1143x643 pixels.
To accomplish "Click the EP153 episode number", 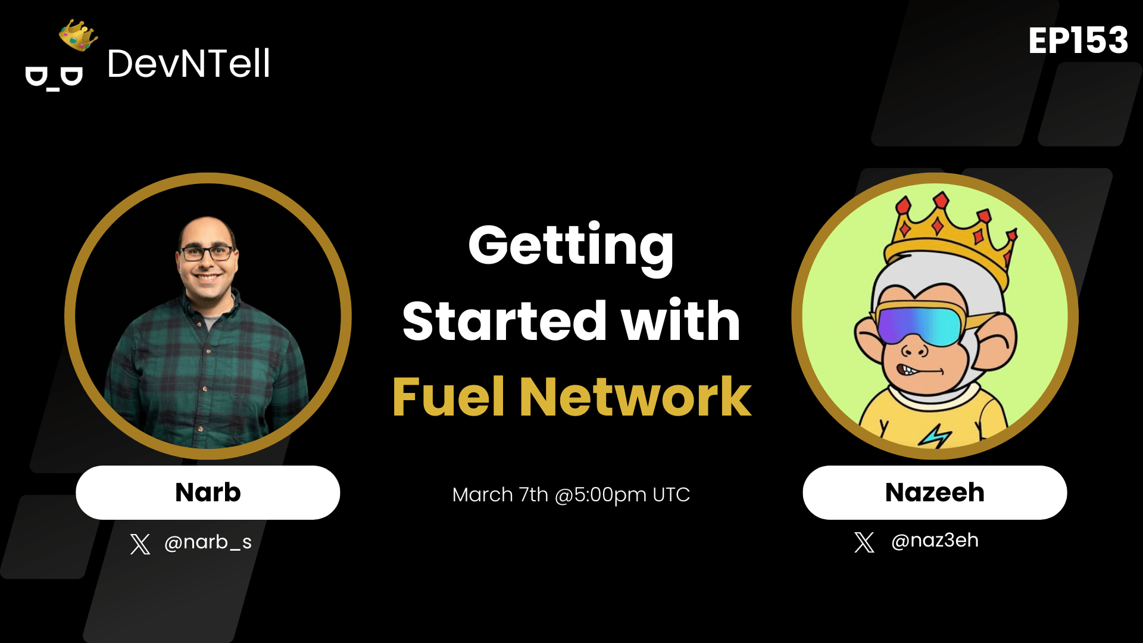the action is point(1078,40).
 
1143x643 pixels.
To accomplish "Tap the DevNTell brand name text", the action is point(188,64).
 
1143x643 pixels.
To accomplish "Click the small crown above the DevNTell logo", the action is point(78,35).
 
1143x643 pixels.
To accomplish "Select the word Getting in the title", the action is point(571,246).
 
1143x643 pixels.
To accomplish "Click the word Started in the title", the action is point(505,321).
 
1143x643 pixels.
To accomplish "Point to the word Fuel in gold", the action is point(449,397).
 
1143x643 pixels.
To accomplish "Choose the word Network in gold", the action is point(636,397).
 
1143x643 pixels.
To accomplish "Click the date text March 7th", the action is point(500,495).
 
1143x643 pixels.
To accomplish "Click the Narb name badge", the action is point(208,492).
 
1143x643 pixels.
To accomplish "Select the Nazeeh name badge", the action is point(935,492).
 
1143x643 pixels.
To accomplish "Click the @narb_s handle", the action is point(208,542).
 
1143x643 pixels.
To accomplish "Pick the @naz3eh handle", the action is point(935,541).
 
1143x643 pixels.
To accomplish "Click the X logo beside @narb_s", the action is point(140,544).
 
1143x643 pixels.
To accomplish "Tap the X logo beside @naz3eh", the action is point(864,542).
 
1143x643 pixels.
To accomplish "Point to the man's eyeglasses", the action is point(207,253).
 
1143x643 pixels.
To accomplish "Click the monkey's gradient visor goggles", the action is point(920,325).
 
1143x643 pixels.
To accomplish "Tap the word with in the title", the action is point(681,321).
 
